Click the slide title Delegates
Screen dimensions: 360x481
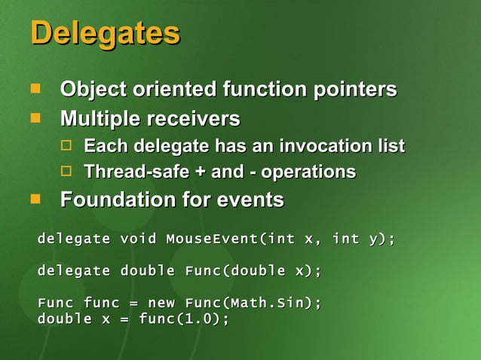(105, 34)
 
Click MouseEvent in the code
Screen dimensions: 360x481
(212, 239)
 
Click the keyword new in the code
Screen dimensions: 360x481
(161, 303)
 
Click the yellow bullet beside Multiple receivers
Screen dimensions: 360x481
(35, 118)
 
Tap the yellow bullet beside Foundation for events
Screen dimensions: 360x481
(35, 199)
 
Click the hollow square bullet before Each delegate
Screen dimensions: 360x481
(66, 145)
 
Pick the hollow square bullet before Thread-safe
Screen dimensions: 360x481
(66, 172)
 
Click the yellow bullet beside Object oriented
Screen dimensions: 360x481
(35, 90)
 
